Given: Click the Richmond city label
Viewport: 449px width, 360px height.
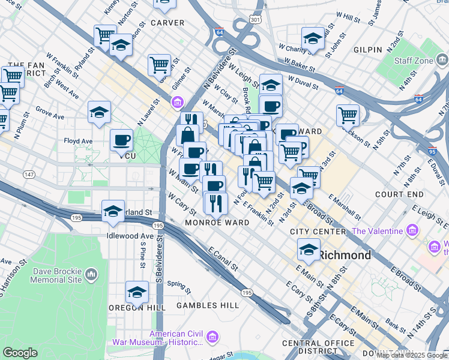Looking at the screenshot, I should (345, 255).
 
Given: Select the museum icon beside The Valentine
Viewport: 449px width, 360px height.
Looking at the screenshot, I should (412, 230).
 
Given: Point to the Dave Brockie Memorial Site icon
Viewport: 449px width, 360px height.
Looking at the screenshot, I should (91, 275).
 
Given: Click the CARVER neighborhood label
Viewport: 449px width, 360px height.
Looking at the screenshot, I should (167, 22).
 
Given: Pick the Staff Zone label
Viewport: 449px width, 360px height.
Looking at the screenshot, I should (414, 60).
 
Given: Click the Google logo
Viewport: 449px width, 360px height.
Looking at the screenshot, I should (19, 353).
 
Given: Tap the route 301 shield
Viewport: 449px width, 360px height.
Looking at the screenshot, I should (256, 20).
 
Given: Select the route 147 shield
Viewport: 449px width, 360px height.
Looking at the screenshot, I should (29, 174).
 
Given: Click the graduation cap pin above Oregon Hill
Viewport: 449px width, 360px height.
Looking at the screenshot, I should (137, 293).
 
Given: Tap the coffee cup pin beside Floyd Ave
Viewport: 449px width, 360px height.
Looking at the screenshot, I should (121, 140).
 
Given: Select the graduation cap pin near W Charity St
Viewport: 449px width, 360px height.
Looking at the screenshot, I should (313, 39).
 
